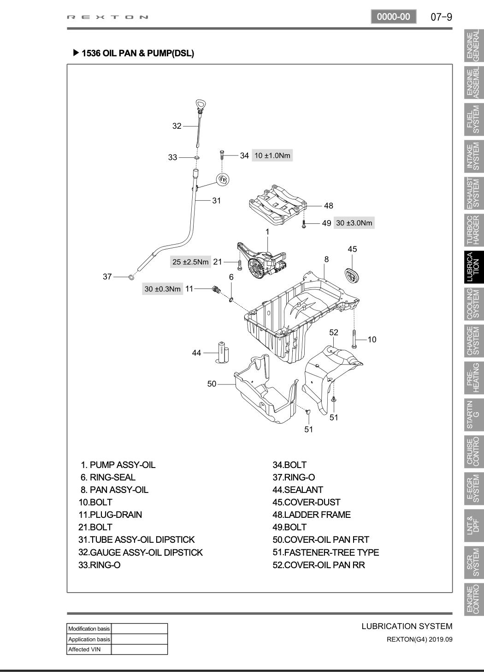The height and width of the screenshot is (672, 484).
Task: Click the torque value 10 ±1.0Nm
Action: coord(272,156)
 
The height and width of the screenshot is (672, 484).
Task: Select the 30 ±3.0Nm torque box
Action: coord(354,223)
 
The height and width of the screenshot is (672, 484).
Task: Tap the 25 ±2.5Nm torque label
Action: coord(190,262)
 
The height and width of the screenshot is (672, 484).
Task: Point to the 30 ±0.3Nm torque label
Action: coord(162,289)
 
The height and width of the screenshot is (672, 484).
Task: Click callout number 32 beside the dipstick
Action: coord(177,126)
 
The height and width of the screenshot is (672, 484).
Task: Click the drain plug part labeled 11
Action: coord(215,290)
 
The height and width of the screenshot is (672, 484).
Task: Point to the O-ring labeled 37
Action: coord(131,277)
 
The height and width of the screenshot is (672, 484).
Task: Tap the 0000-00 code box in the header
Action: coord(393,17)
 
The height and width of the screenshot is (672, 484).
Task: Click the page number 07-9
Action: coord(441,17)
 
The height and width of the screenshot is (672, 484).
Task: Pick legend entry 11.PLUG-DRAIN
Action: coord(110,515)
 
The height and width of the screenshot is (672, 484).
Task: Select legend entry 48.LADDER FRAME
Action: coord(311,515)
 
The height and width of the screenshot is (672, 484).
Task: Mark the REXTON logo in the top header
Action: coord(108,18)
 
